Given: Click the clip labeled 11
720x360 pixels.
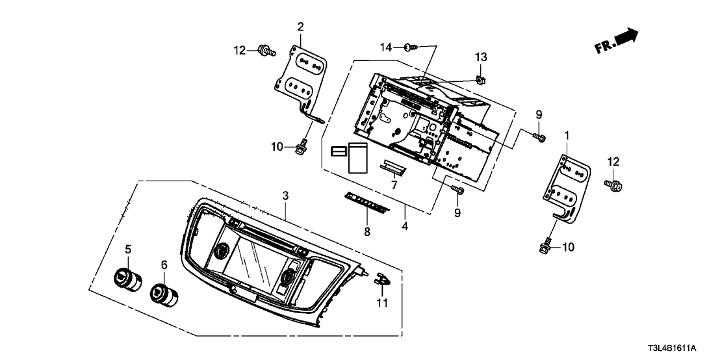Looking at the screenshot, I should [x=381, y=279].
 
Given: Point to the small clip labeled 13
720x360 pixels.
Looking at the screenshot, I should [x=480, y=80].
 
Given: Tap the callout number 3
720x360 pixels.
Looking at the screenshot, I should [x=285, y=196].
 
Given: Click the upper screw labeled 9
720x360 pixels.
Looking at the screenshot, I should [x=539, y=136].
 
